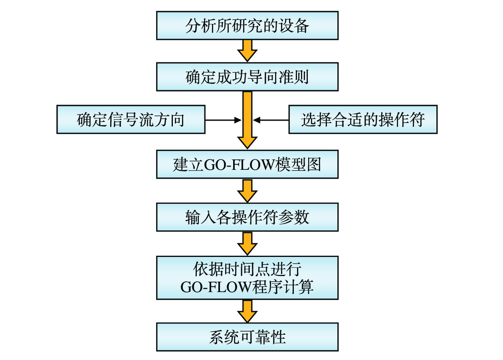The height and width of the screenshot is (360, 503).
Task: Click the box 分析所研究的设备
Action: coord(247,26)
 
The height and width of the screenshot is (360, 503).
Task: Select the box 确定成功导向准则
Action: coord(247,77)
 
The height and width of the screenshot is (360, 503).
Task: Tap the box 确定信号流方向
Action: coord(131,119)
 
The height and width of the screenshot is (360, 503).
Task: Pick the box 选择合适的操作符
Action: coord(362,119)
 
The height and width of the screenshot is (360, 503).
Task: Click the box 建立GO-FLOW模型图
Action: coord(247,164)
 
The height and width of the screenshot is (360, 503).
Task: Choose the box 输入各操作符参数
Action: coord(247,217)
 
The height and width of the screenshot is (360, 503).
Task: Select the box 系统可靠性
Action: coord(247,337)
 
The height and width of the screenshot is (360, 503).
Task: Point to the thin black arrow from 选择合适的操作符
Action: coord(271,119)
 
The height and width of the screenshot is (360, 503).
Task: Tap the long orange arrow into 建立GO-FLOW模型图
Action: coord(247,120)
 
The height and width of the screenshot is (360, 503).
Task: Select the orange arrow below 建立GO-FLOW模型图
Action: coord(247,191)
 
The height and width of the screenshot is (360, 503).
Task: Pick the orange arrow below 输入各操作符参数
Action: coord(247,243)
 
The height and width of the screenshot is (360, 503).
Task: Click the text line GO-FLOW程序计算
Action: coord(247,287)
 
